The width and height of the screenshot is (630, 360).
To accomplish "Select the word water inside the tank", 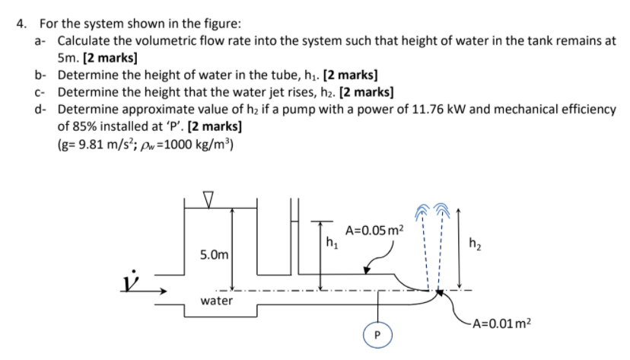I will click(216, 301).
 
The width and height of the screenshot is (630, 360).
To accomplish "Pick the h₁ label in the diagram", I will click(331, 244).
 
